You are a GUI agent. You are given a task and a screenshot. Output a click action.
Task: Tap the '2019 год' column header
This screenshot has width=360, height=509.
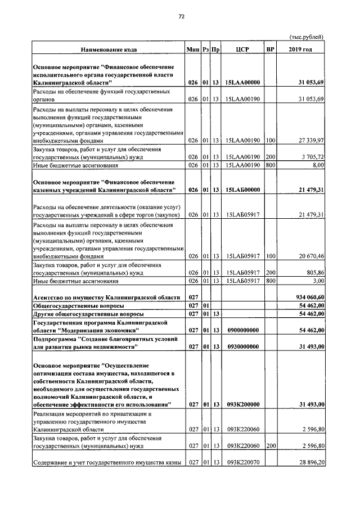[307, 49]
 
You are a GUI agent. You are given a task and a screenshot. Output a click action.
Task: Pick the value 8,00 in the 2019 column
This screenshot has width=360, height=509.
[318, 166]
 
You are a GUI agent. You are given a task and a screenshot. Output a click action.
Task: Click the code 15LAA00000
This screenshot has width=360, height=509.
[242, 83]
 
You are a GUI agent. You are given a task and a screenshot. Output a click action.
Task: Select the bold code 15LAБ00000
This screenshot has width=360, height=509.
[242, 191]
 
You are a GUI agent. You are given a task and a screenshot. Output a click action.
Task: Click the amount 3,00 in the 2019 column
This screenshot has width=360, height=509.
[318, 281]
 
